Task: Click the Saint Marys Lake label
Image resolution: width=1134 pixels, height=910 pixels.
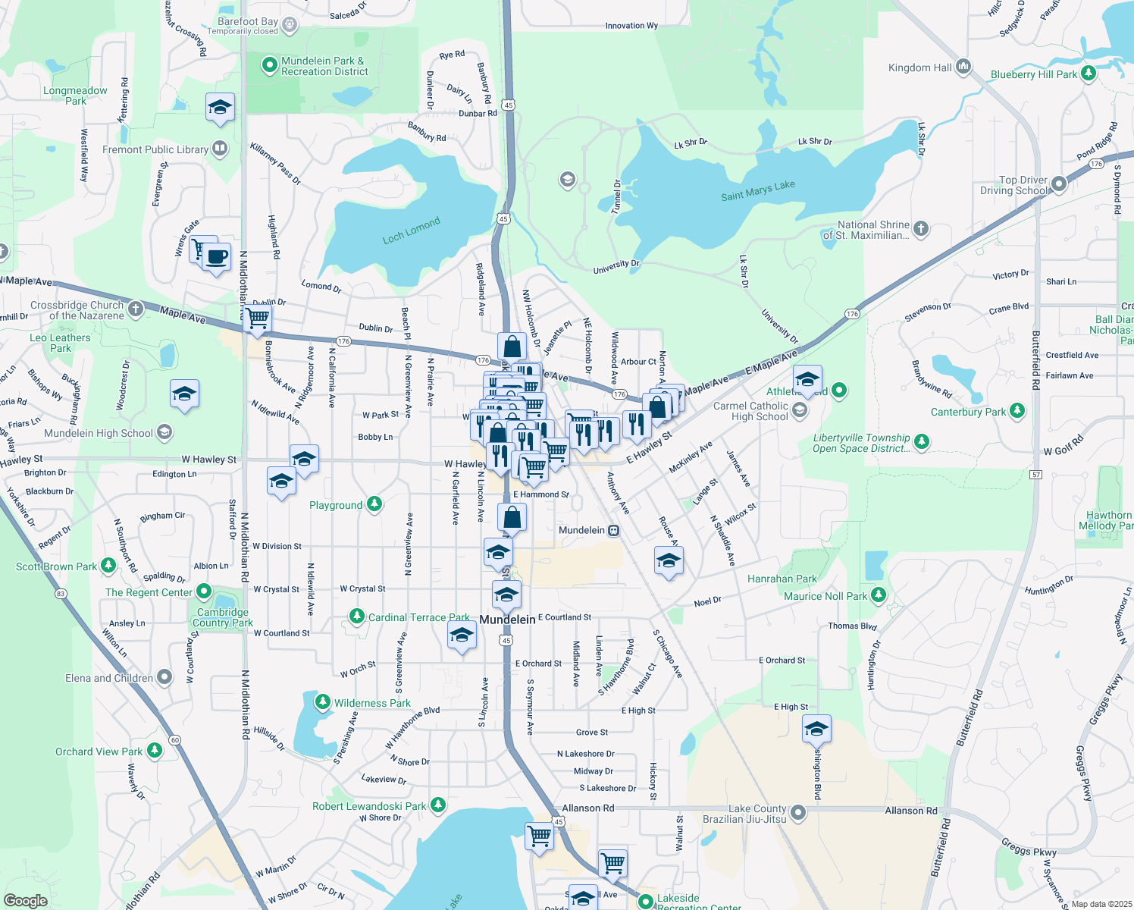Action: pyautogui.click(x=757, y=190)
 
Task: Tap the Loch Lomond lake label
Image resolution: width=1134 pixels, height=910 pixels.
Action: pyautogui.click(x=411, y=231)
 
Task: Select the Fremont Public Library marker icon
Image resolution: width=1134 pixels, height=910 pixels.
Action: pyautogui.click(x=220, y=148)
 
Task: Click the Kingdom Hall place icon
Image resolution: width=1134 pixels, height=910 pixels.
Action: pyautogui.click(x=963, y=67)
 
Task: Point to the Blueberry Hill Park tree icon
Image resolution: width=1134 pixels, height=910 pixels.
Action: pyautogui.click(x=1089, y=74)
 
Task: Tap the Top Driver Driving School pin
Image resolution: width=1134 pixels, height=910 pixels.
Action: pyautogui.click(x=1059, y=184)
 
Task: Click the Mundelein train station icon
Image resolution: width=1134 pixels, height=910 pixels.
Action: pyautogui.click(x=614, y=530)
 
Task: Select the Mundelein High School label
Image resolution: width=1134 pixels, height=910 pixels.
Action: pyautogui.click(x=99, y=433)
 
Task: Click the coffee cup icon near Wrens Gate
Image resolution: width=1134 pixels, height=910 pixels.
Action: pyautogui.click(x=216, y=257)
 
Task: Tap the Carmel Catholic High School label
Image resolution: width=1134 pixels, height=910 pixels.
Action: pyautogui.click(x=750, y=411)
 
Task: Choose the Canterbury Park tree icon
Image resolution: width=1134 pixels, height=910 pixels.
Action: pyautogui.click(x=1017, y=411)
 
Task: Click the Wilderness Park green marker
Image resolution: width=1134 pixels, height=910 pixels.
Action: pyautogui.click(x=323, y=702)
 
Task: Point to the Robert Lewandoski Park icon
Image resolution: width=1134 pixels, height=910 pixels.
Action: pyautogui.click(x=437, y=805)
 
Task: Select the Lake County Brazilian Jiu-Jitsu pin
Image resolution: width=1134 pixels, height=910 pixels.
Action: pyautogui.click(x=797, y=813)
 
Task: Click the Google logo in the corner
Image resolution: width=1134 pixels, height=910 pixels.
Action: pyautogui.click(x=25, y=900)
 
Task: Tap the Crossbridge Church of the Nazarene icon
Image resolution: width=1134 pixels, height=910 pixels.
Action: pyautogui.click(x=136, y=309)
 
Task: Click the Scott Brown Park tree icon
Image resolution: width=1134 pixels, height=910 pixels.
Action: pyautogui.click(x=108, y=566)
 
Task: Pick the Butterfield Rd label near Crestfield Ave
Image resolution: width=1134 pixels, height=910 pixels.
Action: pyautogui.click(x=1035, y=360)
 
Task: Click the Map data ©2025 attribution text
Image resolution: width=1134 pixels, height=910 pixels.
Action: pyautogui.click(x=1101, y=904)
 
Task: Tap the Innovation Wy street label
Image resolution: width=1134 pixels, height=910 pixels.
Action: pyautogui.click(x=631, y=26)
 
